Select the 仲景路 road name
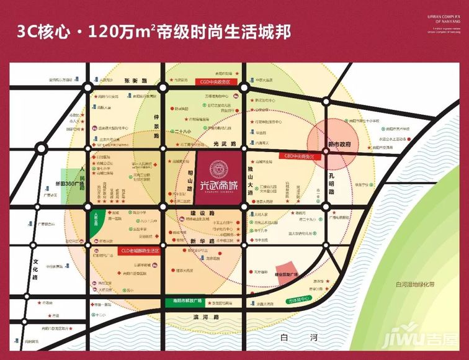pos(156,125)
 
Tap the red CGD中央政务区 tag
pos(215,81)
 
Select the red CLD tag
pos(139,251)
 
